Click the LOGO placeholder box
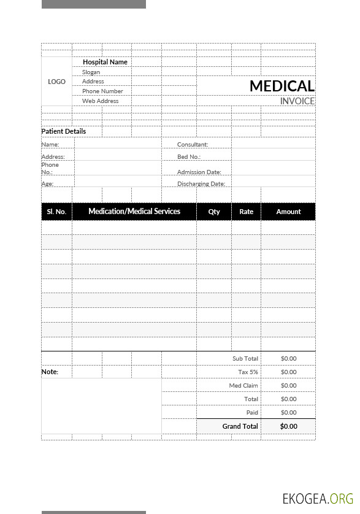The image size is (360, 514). pos(56,82)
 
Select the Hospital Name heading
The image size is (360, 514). pos(105,62)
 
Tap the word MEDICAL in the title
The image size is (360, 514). pos(281,86)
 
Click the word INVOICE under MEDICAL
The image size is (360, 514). pos(297,101)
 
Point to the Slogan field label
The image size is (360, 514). pos(91,72)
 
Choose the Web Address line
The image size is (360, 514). pos(101,101)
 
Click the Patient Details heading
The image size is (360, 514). pos(64,131)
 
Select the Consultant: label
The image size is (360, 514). pos(193,145)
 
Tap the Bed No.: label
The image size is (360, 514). pos(189,157)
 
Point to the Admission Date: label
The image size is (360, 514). pos(199,172)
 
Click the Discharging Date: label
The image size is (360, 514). pos(201,184)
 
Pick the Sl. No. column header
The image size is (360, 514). pos(56,212)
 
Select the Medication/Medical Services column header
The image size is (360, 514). pos(134,212)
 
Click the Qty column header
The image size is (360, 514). pos(214,212)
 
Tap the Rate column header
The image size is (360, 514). pos(246,212)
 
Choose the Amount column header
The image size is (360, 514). pos(288,212)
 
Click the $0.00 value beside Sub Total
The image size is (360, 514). pos(288,359)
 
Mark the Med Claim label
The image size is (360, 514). pos(243,386)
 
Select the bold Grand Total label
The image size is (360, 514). pos(240,426)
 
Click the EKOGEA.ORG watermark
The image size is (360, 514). pos(318,498)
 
